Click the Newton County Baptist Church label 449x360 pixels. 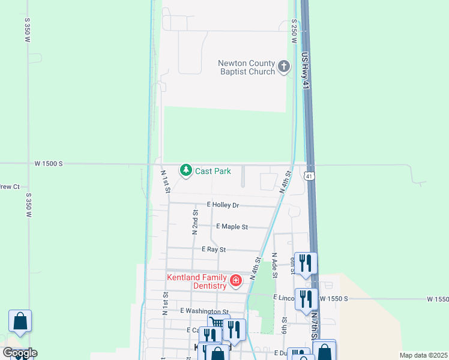pyautogui.click(x=246, y=67)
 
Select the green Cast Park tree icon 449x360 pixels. pyautogui.click(x=186, y=171)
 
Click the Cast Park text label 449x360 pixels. pyautogui.click(x=212, y=171)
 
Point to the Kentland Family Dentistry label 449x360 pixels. pyautogui.click(x=197, y=281)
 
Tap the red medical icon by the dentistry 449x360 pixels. pyautogui.click(x=236, y=280)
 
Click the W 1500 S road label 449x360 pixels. pyautogui.click(x=49, y=164)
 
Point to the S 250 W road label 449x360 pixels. pyautogui.click(x=294, y=30)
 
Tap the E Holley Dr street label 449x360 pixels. pyautogui.click(x=223, y=205)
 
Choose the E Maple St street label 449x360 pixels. pyautogui.click(x=232, y=227)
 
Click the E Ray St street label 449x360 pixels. pyautogui.click(x=213, y=249)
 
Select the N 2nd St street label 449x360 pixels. pyautogui.click(x=195, y=221)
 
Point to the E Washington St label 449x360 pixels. pyautogui.click(x=205, y=311)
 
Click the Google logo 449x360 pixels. pyautogui.click(x=20, y=353)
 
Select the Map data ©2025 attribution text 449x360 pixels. pyautogui.click(x=423, y=355)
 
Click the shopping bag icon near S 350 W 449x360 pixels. pyautogui.click(x=20, y=322)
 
